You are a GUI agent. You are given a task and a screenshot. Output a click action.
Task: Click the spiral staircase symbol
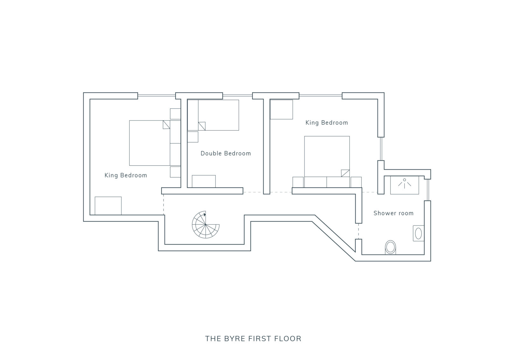(206, 225)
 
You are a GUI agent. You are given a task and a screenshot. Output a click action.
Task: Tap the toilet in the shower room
(390, 247)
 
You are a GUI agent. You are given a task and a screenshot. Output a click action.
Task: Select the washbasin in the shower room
(418, 233)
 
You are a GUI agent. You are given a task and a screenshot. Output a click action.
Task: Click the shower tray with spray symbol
(404, 185)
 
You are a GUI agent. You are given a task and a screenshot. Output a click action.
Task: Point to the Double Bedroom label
(226, 153)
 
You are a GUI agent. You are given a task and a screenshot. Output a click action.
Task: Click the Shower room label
(393, 213)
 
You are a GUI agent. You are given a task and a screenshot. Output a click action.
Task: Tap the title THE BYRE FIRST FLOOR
(253, 339)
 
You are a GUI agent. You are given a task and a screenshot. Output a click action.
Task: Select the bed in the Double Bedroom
(213, 115)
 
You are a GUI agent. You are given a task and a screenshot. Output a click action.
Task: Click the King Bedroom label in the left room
(126, 175)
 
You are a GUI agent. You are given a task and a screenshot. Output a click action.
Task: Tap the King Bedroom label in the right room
(326, 123)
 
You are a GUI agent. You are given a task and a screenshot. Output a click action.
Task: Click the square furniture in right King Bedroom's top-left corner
(281, 109)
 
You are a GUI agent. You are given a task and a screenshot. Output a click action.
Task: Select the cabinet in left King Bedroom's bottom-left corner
(108, 206)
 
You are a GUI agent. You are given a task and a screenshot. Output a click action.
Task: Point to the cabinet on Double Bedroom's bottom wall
(204, 182)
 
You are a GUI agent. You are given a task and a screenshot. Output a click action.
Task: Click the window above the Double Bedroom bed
(237, 96)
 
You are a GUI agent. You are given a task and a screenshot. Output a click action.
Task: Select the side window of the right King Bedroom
(381, 149)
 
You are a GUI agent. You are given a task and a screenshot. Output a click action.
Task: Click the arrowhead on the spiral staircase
(205, 214)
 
